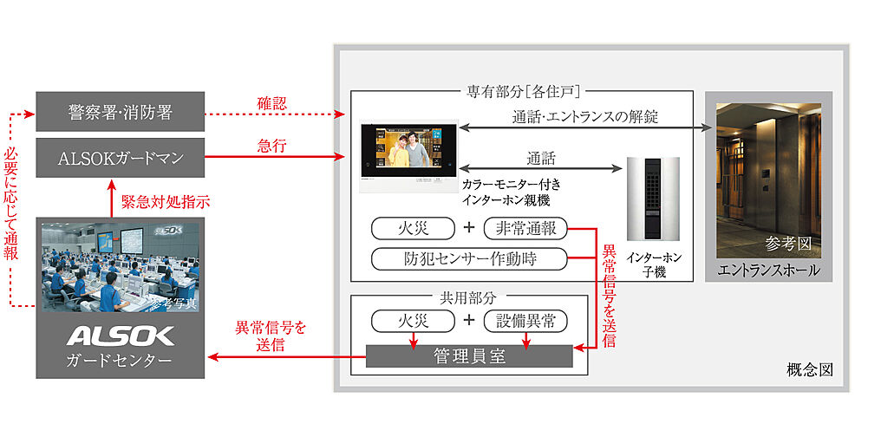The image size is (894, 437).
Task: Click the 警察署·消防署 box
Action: (x=121, y=113)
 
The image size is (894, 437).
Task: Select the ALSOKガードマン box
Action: (x=121, y=158)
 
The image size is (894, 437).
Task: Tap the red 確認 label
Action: (x=271, y=103)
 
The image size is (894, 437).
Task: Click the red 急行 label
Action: (x=271, y=147)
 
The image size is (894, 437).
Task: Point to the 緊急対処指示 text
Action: (x=166, y=201)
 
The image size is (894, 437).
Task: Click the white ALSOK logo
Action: (x=121, y=336)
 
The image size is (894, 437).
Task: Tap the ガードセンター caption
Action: (x=121, y=359)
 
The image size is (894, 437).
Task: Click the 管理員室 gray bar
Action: (x=469, y=356)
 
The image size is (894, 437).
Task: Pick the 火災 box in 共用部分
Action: (x=413, y=321)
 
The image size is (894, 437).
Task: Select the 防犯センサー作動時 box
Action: (x=468, y=258)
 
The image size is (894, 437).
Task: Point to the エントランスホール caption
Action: (x=768, y=271)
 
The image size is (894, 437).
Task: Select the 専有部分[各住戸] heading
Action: (x=522, y=89)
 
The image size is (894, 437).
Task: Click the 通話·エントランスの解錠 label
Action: (x=585, y=116)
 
